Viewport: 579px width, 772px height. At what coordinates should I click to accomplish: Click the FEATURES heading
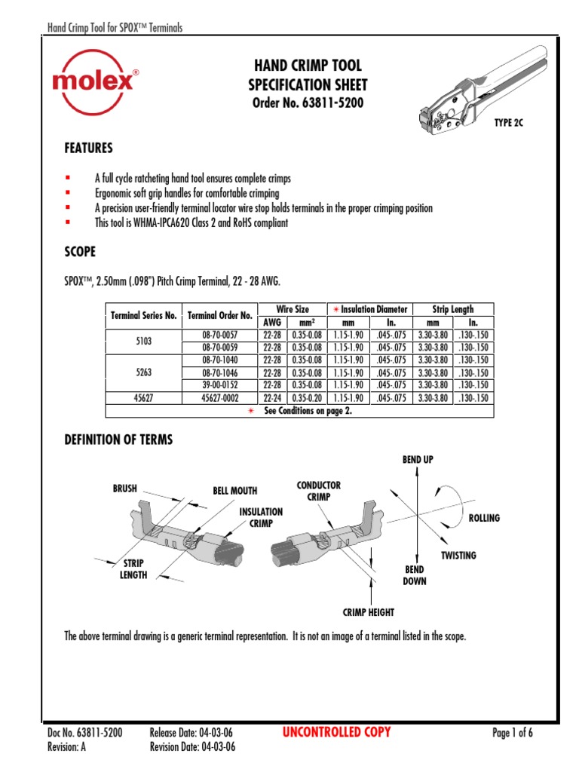(89, 148)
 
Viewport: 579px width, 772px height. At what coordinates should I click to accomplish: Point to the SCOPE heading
(80, 251)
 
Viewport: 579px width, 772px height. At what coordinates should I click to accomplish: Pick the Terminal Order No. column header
(219, 315)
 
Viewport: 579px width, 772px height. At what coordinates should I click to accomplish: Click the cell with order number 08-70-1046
(219, 372)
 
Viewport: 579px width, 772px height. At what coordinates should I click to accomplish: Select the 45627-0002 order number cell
(219, 398)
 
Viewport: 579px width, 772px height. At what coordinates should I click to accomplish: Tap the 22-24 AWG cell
(273, 398)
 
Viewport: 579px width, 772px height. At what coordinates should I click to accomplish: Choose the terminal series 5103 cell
(143, 341)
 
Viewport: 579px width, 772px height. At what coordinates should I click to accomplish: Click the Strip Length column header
(452, 309)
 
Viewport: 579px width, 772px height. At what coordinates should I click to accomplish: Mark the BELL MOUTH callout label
(234, 491)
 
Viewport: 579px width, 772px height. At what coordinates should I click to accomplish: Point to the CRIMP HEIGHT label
(369, 613)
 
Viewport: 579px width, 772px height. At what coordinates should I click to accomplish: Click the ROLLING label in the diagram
(484, 519)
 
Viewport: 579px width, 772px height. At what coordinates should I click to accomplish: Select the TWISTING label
(458, 556)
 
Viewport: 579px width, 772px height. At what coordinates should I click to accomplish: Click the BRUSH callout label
(124, 489)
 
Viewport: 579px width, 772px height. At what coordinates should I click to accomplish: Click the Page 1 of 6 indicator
(512, 733)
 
